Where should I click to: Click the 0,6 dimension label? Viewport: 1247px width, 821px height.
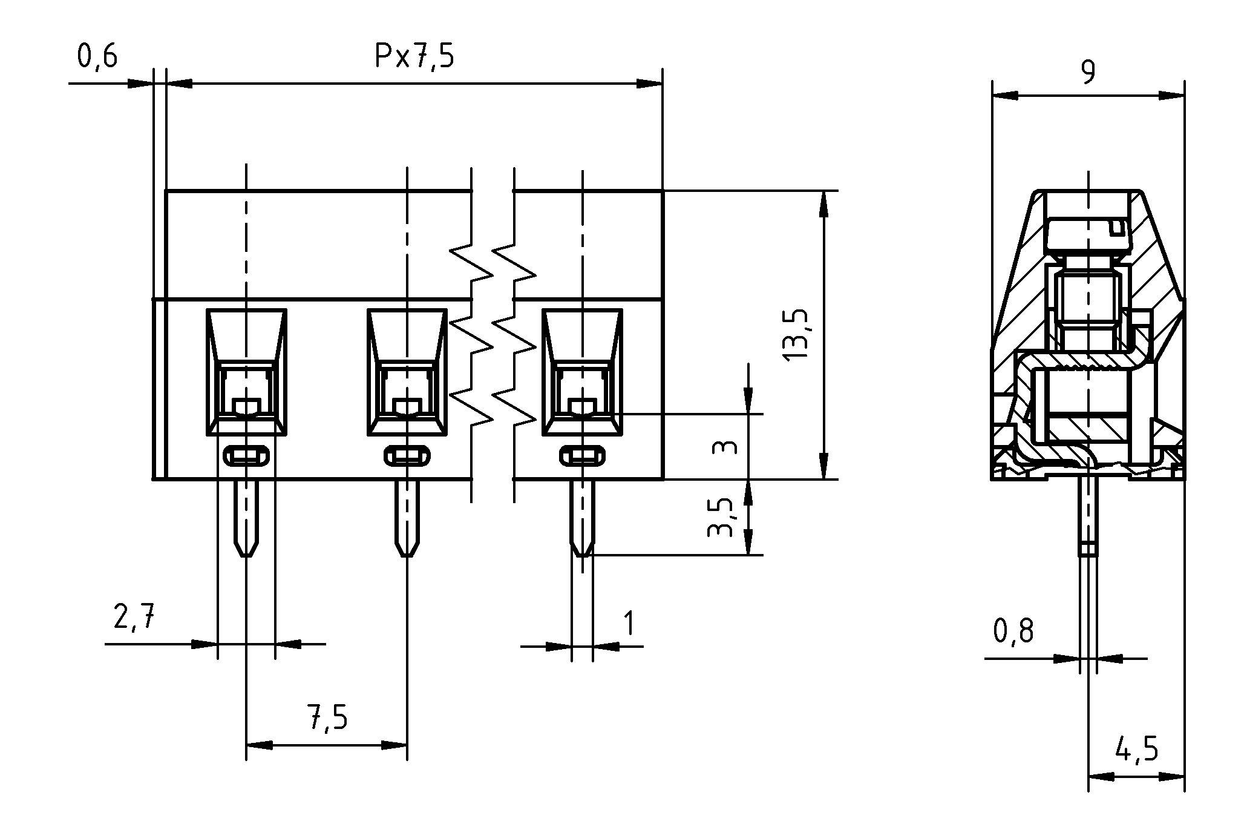pos(97,56)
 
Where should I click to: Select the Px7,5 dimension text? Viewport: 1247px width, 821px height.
pos(414,56)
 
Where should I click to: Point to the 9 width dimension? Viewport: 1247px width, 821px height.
pos(1087,73)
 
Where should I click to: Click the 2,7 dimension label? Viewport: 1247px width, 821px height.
pos(134,619)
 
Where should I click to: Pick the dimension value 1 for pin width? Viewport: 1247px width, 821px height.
pos(629,624)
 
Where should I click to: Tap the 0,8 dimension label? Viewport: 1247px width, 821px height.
pos(1013,631)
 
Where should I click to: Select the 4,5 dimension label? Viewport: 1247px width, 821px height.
pos(1137,750)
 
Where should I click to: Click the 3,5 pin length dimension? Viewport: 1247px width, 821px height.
pos(722,518)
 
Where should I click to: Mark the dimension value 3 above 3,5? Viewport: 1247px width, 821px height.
pos(725,447)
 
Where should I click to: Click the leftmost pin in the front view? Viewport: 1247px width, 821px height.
pos(246,518)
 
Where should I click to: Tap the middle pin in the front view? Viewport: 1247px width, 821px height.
pos(407,518)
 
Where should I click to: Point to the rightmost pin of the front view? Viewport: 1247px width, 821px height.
pos(582,518)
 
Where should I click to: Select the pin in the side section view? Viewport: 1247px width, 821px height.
pos(1088,515)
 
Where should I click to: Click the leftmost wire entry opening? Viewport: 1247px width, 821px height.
pos(246,372)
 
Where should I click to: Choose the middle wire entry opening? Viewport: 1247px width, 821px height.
pos(407,372)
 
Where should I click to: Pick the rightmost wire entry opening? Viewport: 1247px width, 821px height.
pos(582,372)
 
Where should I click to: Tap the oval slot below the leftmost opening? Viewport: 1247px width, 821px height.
pos(246,456)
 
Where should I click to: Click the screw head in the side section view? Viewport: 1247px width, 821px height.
pos(1088,236)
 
